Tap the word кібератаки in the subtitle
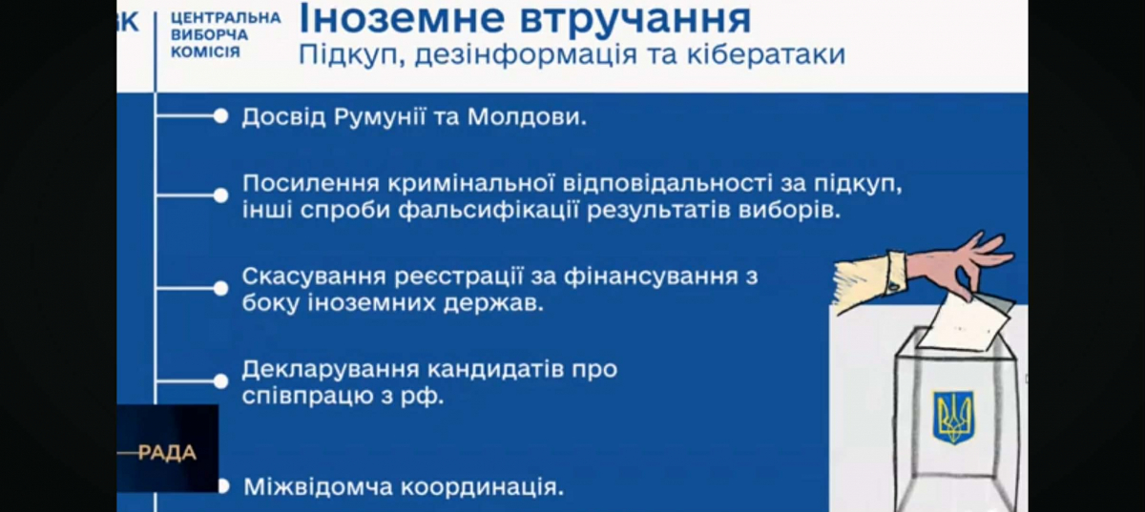pos(766,54)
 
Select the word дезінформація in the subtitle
pos(526,55)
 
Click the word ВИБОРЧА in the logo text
pos(210,34)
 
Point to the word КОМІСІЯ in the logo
pos(205,51)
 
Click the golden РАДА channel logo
pos(167,453)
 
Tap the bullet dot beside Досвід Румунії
pos(220,116)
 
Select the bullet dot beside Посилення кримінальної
pos(220,195)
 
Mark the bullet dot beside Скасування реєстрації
pos(220,289)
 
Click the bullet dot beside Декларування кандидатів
pos(220,381)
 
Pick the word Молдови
pos(527,117)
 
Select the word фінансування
pos(651,276)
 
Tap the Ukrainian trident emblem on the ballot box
pos(953,417)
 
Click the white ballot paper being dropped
pos(964,323)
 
